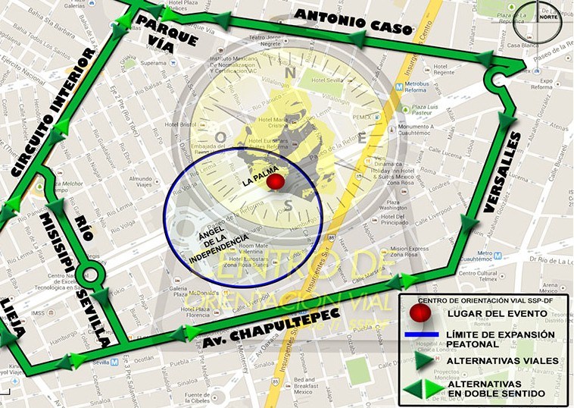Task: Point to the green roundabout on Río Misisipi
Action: [99, 271]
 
